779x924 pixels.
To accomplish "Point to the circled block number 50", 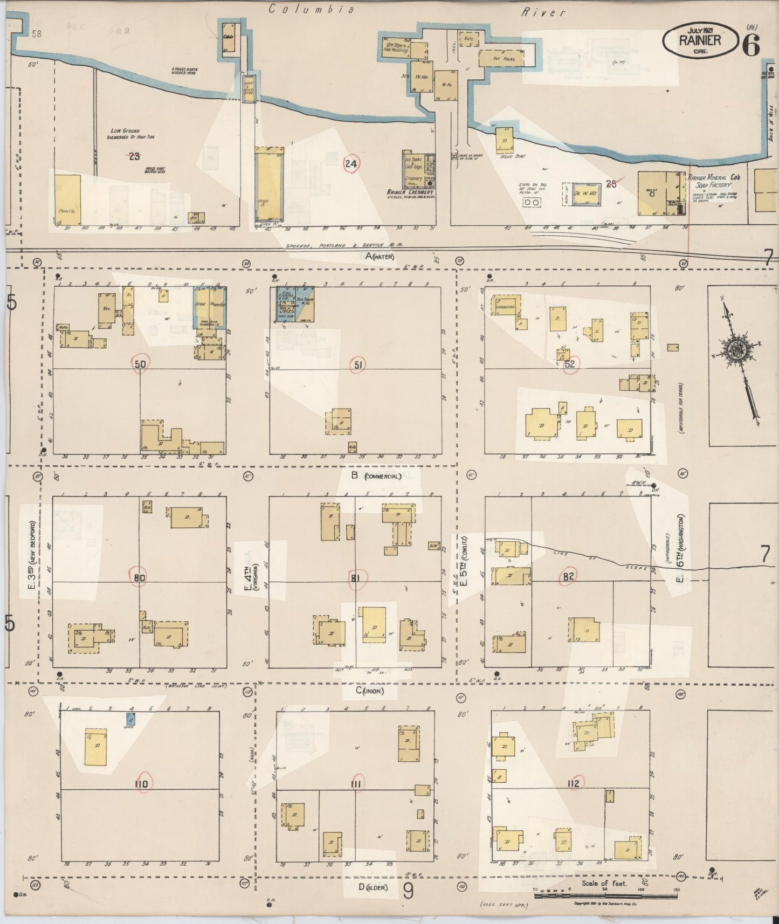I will tap(140, 364).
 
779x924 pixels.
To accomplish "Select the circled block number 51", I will tap(357, 365).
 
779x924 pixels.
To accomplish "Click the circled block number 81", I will tap(355, 578).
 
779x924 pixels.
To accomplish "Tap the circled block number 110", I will tap(141, 784).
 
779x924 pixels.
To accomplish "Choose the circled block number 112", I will tap(573, 783).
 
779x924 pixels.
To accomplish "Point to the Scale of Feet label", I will tap(604, 884).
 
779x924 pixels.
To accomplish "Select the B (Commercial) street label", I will tap(376, 475).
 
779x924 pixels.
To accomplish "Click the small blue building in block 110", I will tap(130, 718).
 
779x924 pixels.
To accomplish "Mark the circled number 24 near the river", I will tap(351, 164).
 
